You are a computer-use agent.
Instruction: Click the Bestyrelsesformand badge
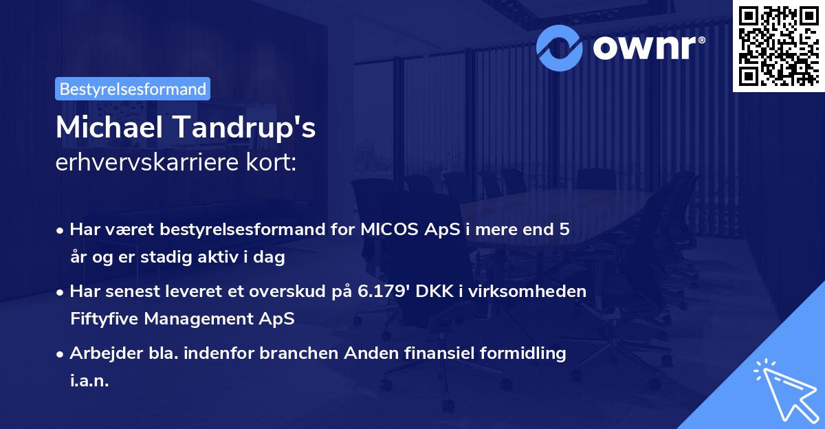pos(132,89)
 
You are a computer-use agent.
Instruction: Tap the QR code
pos(778,46)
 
